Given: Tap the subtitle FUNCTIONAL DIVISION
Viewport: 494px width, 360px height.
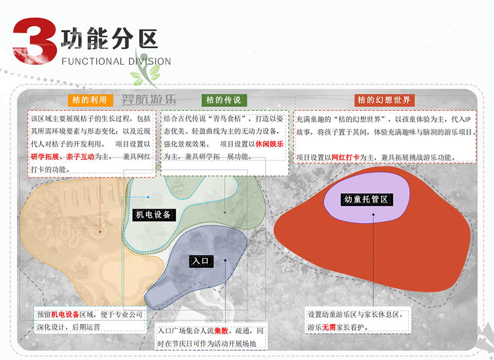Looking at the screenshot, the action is (116, 61).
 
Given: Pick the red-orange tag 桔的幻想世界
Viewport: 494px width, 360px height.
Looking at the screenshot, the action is (384, 100).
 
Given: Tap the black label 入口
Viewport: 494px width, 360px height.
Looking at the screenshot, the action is (200, 261).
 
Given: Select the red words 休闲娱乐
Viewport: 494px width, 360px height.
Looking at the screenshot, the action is (270, 144).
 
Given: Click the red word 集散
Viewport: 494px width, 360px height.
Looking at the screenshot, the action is (221, 331).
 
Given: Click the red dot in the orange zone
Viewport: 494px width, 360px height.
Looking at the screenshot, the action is (100, 232).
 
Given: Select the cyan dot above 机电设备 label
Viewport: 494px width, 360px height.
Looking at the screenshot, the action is (148, 196).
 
